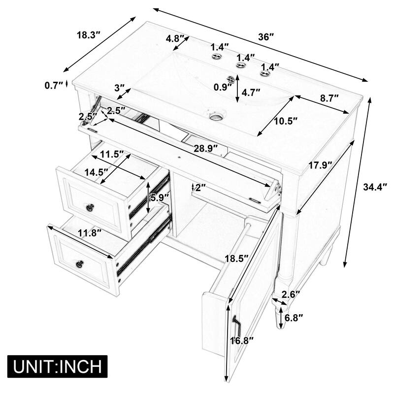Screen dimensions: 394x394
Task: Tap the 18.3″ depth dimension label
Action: pos(89,35)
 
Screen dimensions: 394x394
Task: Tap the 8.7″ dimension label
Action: pos(329,98)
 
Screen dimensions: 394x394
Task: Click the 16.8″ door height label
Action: pos(243,339)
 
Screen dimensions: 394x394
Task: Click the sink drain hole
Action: pos(215,117)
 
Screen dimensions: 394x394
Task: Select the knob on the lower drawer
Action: pos(79,264)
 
